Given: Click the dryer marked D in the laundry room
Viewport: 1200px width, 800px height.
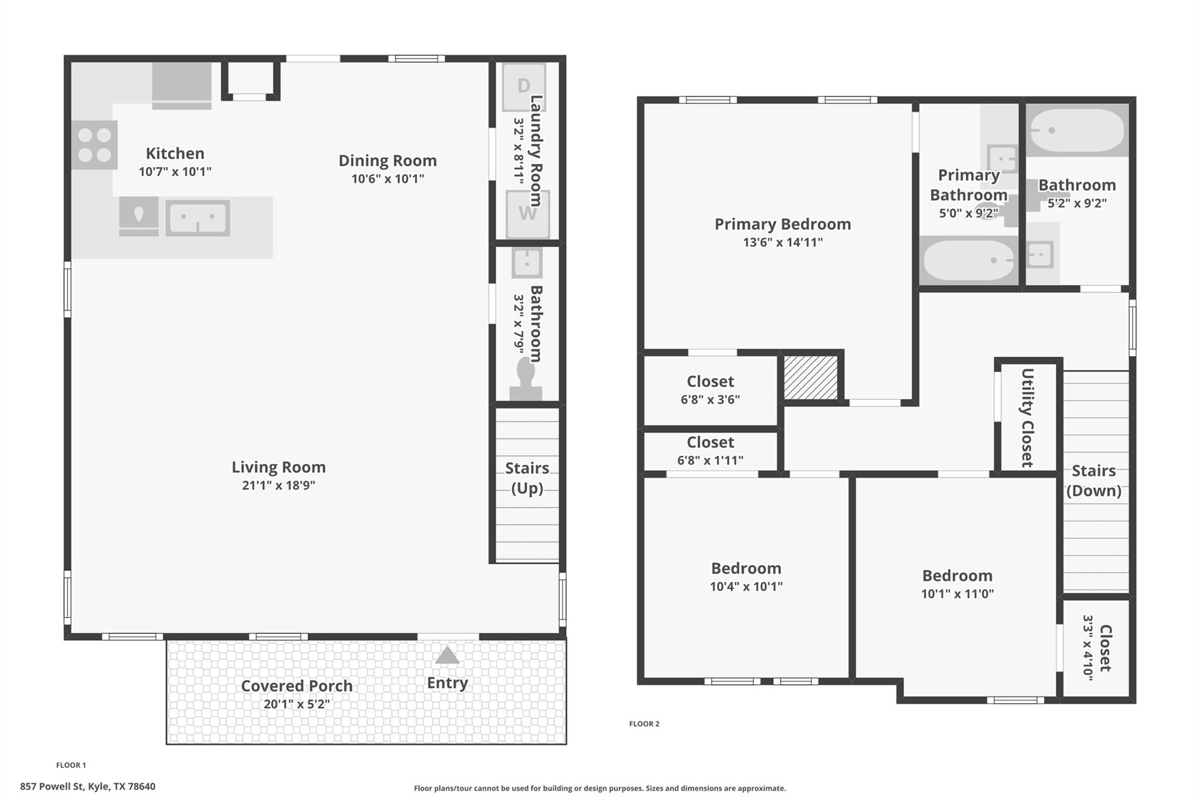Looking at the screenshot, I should click(523, 87).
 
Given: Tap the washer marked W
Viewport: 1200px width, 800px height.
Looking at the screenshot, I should click(527, 214).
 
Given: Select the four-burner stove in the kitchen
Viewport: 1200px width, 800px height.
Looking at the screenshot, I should click(95, 145).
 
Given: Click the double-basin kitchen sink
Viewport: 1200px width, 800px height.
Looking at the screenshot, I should click(197, 218).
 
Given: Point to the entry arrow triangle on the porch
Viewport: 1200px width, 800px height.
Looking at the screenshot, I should click(447, 655).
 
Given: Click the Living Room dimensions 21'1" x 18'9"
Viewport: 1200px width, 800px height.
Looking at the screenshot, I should click(278, 485).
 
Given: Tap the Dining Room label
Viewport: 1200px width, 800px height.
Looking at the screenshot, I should click(387, 161).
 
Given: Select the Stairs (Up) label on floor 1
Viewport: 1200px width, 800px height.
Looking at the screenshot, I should click(527, 478).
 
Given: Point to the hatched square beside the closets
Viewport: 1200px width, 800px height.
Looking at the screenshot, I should click(811, 377).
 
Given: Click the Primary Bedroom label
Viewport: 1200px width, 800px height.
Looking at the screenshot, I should click(782, 224).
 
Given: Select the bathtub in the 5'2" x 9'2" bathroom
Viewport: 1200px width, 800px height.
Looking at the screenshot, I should click(1077, 130).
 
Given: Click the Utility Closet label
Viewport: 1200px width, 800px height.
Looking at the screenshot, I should click(1027, 417).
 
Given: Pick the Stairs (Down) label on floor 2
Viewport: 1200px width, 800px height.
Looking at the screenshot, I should click(1093, 481).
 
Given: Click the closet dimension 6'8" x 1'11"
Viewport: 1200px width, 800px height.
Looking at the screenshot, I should click(710, 461).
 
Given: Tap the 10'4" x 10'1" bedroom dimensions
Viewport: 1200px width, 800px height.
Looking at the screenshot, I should click(746, 587).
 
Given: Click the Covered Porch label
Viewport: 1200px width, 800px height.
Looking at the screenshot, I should click(296, 686).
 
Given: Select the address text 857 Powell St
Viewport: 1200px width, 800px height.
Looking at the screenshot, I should click(87, 787).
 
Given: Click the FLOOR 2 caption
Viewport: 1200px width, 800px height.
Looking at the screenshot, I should click(644, 724).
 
